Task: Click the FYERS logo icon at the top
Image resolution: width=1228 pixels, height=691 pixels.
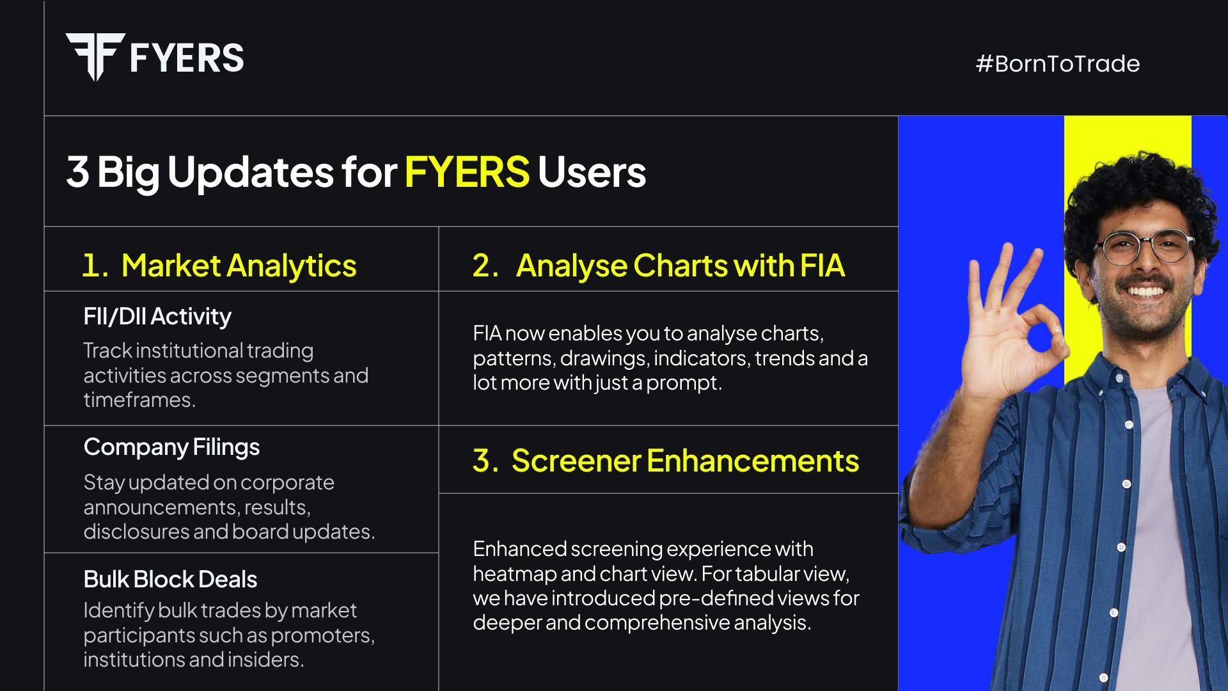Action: click(95, 57)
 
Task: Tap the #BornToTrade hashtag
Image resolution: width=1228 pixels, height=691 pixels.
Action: click(1057, 63)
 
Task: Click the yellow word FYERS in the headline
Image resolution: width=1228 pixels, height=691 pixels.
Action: click(467, 171)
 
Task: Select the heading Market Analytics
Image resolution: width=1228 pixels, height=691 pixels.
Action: click(239, 266)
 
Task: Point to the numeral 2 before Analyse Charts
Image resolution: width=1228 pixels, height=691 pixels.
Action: click(484, 266)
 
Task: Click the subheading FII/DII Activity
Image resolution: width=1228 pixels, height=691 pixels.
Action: click(157, 316)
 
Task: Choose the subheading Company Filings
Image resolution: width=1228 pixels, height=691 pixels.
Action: click(171, 447)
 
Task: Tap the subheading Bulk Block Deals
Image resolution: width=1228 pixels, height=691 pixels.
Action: click(170, 579)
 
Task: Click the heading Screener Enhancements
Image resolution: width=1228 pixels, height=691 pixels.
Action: click(685, 461)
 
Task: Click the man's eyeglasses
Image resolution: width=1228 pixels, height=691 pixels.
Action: click(1144, 247)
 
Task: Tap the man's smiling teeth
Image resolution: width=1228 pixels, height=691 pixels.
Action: click(1145, 292)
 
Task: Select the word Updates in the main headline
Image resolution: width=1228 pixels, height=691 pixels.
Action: click(250, 172)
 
